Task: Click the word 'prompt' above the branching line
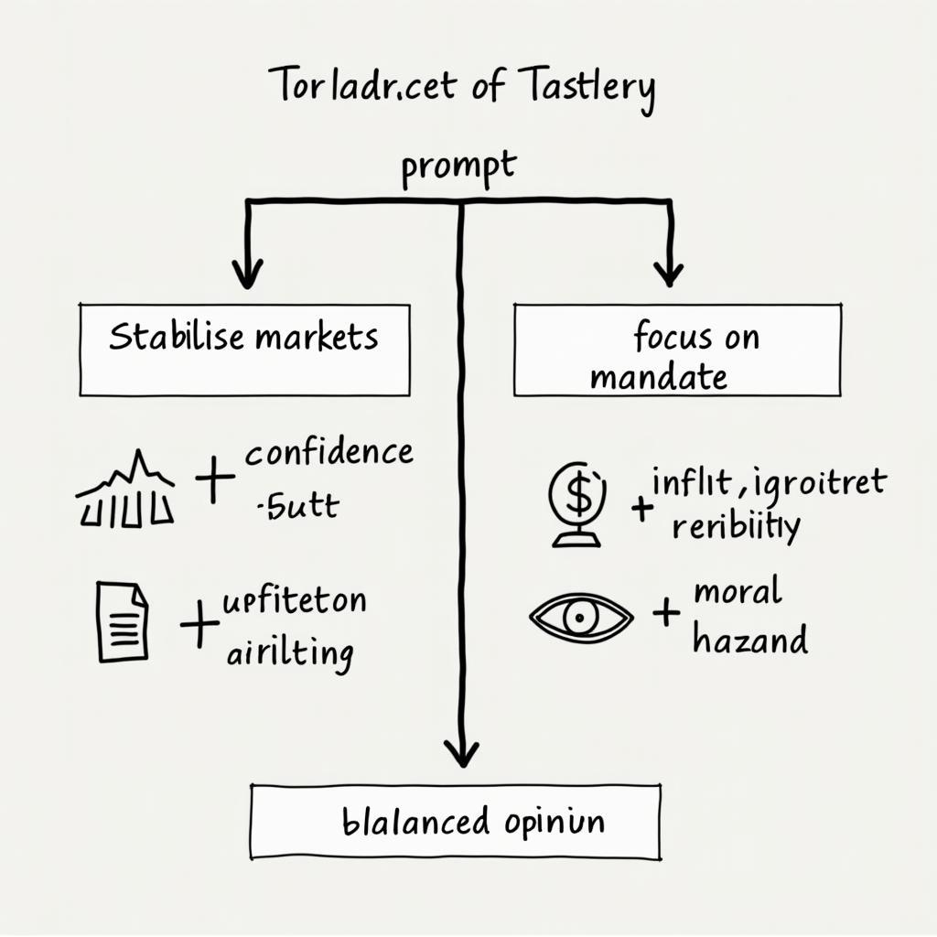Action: tap(458, 168)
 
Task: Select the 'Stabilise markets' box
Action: tap(244, 350)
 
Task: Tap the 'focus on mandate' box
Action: tap(677, 350)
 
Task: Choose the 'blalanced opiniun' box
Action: tap(455, 821)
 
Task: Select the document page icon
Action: tap(122, 621)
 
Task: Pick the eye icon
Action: tap(581, 618)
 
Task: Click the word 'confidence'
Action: tap(328, 452)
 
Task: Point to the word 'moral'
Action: tap(738, 592)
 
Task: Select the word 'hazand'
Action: tap(750, 639)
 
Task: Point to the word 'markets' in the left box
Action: tap(317, 338)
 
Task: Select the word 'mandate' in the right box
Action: tap(658, 376)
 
